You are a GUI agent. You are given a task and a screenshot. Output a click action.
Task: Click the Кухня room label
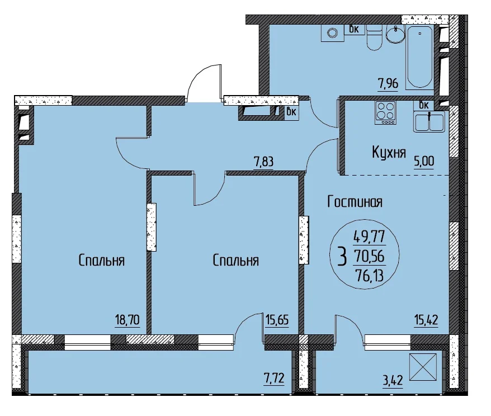[389, 153]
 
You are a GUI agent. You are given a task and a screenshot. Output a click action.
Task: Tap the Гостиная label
[355, 202]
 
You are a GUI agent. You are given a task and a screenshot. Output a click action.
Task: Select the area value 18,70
[127, 320]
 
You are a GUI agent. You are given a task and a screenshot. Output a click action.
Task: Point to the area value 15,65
[277, 320]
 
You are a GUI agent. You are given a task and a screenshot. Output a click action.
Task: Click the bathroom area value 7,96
[388, 84]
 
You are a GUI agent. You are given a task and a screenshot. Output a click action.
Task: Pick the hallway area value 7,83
[263, 162]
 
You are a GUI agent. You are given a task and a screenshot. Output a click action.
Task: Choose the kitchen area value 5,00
[424, 162]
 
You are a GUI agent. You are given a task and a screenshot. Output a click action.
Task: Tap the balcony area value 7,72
[274, 379]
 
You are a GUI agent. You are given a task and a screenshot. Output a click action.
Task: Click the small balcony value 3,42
[393, 381]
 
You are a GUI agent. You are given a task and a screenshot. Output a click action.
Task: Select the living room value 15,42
[426, 320]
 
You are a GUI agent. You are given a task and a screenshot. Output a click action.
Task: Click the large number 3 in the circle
[343, 256]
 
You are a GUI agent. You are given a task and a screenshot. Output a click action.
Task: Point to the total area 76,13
[370, 276]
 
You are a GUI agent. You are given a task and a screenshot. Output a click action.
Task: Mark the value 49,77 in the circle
[369, 237]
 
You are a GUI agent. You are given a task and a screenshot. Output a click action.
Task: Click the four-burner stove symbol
[386, 113]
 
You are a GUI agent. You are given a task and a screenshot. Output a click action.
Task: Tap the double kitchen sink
[429, 122]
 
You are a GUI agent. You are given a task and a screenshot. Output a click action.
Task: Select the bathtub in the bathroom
[419, 57]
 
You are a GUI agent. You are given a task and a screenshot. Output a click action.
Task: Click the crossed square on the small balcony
[423, 367]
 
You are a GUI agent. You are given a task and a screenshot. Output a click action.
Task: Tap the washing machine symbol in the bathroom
[332, 33]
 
